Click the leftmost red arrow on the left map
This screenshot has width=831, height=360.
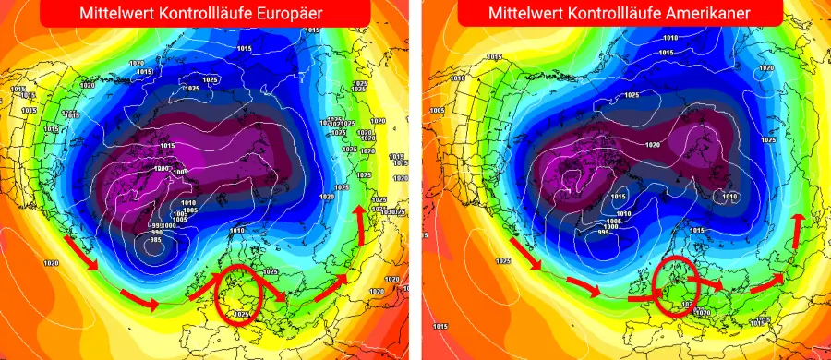pyautogui.click(x=81, y=253)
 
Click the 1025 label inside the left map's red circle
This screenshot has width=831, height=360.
pyautogui.click(x=241, y=313)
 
